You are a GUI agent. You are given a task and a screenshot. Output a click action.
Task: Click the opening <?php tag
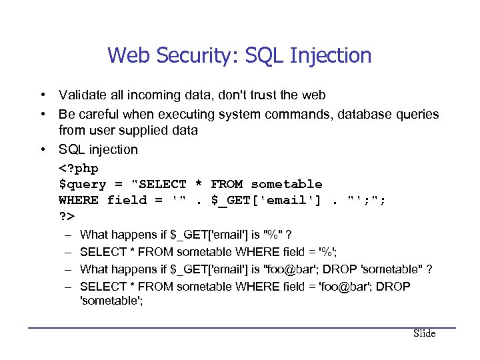click(x=78, y=168)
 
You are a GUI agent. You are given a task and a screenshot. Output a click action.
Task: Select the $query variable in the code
click(x=82, y=185)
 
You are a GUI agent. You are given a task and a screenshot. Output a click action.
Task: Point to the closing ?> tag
click(x=67, y=217)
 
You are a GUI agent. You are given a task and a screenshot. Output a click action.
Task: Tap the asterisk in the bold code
click(x=199, y=185)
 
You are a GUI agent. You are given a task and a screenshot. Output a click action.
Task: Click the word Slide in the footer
click(x=424, y=333)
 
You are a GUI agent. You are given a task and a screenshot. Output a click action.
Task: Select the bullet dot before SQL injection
click(x=41, y=149)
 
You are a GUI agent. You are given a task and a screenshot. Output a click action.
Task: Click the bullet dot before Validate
click(x=41, y=96)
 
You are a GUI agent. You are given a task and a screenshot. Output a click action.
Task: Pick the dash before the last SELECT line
click(x=68, y=287)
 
